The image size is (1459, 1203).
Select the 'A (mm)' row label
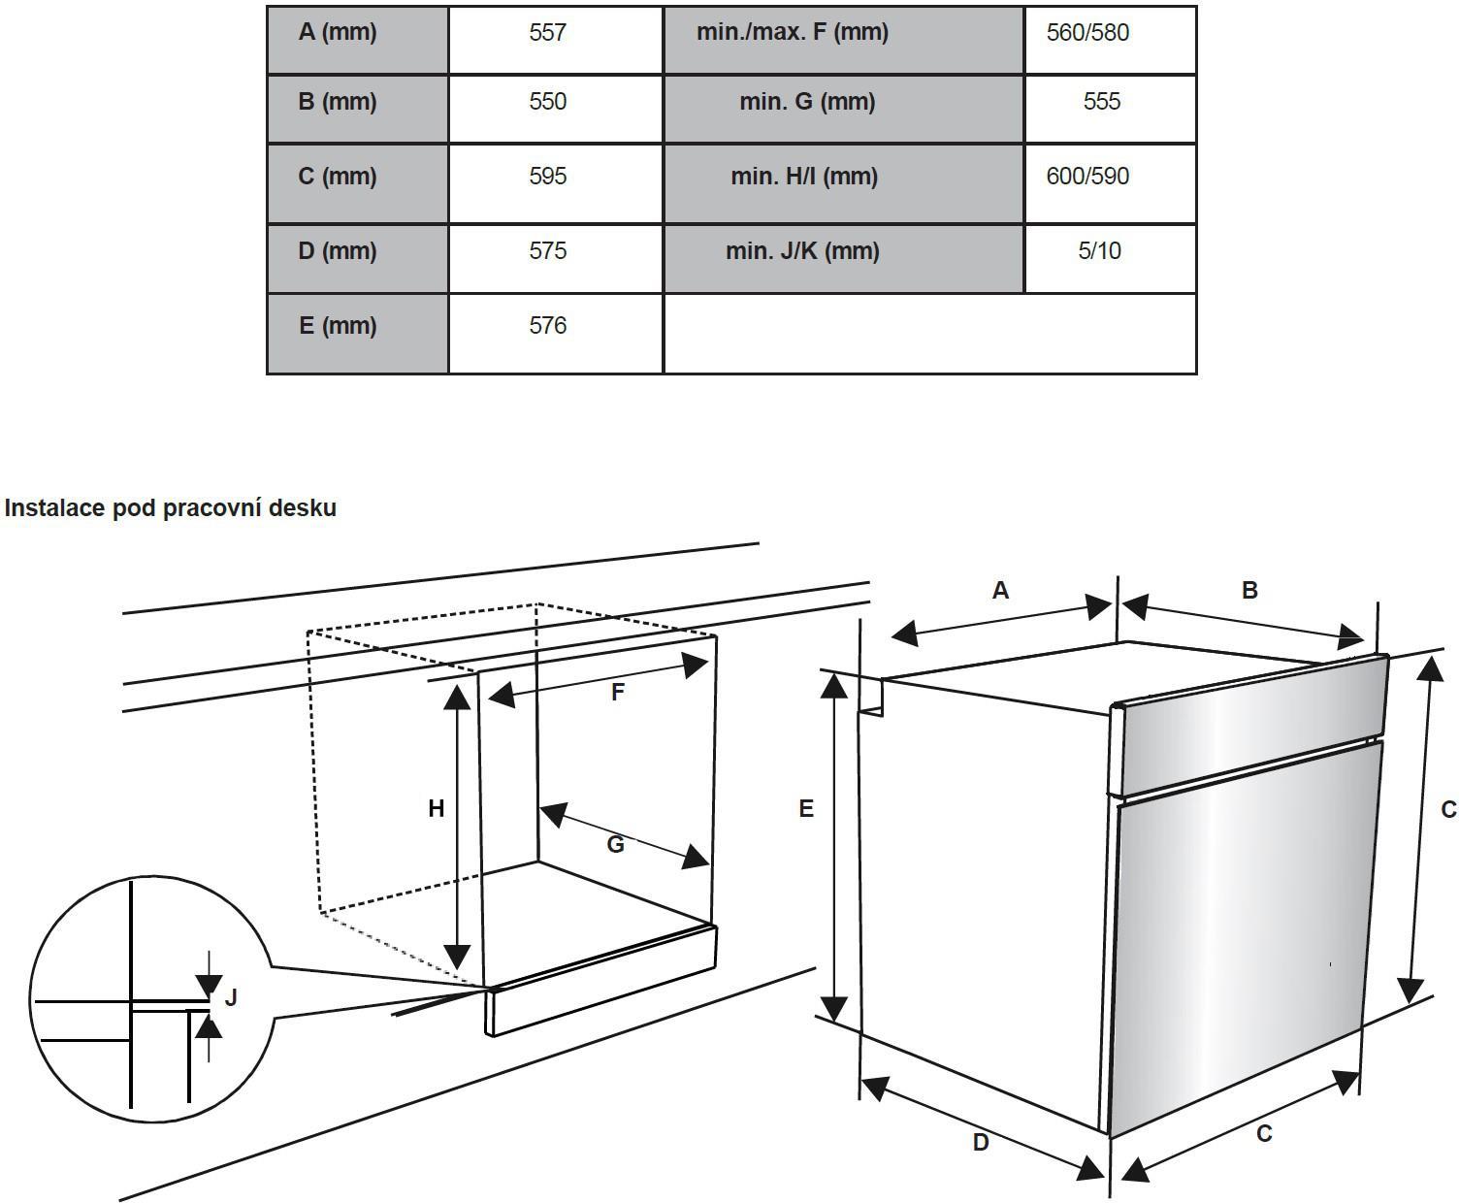point(338,33)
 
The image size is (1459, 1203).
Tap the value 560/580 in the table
point(1087,33)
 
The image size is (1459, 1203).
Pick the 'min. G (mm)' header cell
point(806,102)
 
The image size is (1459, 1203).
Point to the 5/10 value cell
point(1099,251)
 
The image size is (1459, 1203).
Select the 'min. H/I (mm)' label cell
point(804,177)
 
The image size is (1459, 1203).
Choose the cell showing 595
point(547,177)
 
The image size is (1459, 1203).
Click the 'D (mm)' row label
point(338,251)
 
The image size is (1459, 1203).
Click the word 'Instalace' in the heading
point(54,508)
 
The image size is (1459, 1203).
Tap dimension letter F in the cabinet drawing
point(617,693)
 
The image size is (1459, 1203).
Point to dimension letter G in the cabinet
point(615,845)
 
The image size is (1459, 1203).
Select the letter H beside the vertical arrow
point(437,808)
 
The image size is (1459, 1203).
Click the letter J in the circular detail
point(231,997)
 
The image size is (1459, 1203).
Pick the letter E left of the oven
point(806,808)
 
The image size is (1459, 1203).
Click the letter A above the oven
point(1000,590)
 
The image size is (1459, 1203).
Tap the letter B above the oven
point(1249,590)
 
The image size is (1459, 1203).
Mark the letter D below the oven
point(981,1143)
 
